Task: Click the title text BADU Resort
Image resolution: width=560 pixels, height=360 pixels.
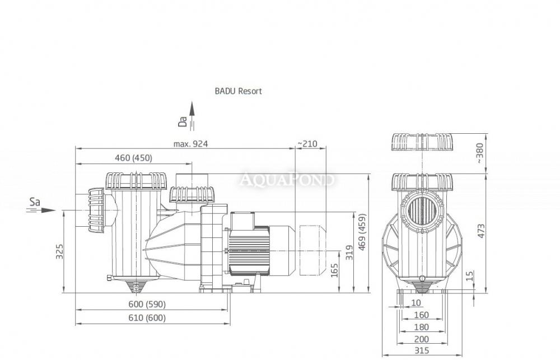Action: pos(238,91)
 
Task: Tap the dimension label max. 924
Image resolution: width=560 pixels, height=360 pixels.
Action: pos(190,144)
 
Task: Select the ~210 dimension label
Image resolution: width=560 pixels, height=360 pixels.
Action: pos(307,143)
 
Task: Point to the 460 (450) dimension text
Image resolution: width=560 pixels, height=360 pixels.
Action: pos(134,158)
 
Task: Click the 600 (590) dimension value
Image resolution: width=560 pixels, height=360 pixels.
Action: pos(147,304)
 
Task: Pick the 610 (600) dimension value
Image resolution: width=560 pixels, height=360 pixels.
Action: pos(147,318)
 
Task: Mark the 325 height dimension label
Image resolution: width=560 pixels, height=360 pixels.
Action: pos(60,251)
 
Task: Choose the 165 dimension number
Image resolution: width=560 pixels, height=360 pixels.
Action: pos(334,271)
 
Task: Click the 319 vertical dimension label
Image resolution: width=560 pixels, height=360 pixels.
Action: pos(349,252)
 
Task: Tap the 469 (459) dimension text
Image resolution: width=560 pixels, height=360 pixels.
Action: pos(362,232)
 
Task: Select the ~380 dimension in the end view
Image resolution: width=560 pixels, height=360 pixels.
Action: pos(479,153)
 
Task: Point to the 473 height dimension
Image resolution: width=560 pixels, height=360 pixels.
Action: pos(481,231)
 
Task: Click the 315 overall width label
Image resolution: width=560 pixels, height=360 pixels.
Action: pos(422,350)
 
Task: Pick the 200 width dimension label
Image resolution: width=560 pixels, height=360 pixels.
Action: pos(422,339)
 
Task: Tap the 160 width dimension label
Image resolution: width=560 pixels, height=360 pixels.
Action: pos(422,315)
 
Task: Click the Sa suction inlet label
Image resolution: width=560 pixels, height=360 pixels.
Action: pos(35,202)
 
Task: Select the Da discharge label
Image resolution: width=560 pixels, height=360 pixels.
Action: pos(183,121)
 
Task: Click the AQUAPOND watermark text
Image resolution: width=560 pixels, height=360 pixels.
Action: pos(287,179)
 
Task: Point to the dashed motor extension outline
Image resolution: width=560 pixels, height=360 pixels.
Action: pos(312,250)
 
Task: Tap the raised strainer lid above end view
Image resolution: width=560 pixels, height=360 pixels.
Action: pos(422,142)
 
